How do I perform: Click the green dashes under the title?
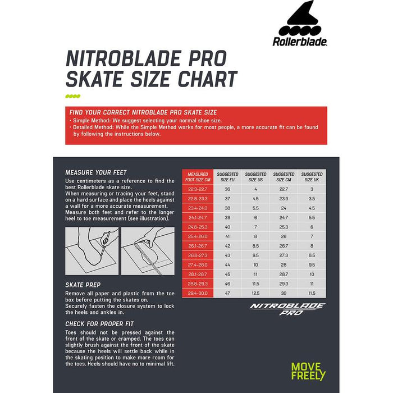click(x=73, y=97)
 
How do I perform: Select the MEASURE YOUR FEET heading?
click(x=96, y=172)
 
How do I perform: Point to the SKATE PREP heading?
click(x=83, y=285)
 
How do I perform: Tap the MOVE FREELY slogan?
click(x=308, y=372)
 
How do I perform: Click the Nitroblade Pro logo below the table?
click(x=287, y=309)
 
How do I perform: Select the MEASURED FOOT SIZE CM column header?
click(x=198, y=177)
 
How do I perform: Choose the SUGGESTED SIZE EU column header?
click(x=227, y=177)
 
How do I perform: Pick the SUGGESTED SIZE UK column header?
click(x=312, y=177)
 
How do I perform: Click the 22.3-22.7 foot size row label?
click(x=198, y=189)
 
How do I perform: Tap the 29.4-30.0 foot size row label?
click(x=198, y=293)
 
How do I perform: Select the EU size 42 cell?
click(x=227, y=245)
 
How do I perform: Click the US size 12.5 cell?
click(x=255, y=293)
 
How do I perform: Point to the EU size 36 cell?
click(x=227, y=189)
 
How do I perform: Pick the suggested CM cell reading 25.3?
click(x=284, y=227)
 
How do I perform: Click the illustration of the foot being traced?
click(x=92, y=250)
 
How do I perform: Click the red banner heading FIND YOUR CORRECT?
click(x=143, y=112)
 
